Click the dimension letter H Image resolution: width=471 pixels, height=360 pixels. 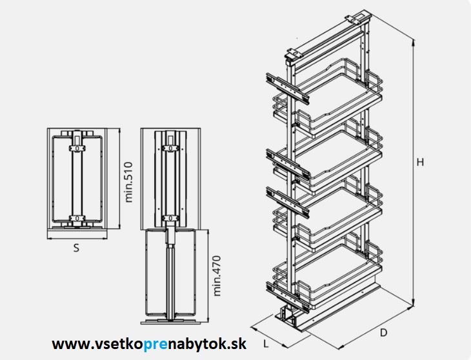pos(420,162)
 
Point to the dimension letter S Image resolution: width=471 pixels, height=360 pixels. pos(76,247)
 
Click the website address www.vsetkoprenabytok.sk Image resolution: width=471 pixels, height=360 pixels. pos(149,344)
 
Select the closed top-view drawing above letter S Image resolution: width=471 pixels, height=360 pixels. pos(77,181)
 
